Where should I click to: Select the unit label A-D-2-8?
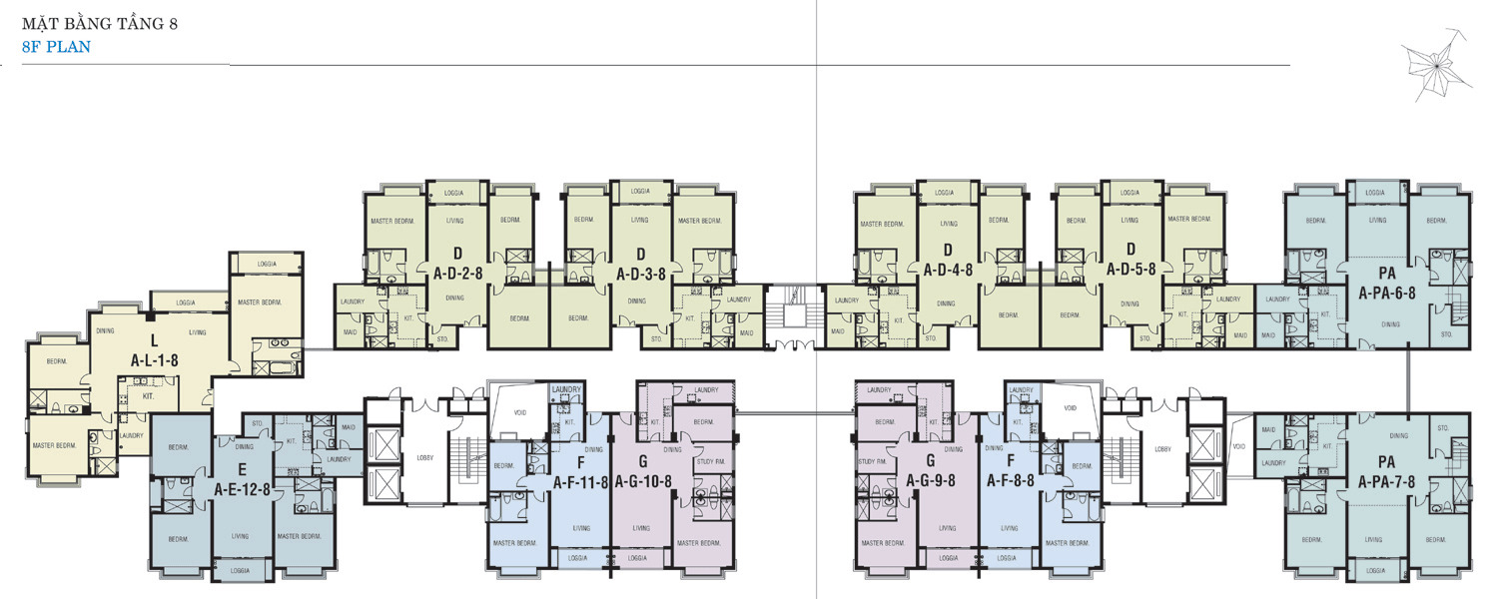(458, 271)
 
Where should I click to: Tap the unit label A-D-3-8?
(641, 271)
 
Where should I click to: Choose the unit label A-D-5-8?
(1131, 271)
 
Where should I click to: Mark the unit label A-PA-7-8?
(1387, 483)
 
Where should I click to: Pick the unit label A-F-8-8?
(1012, 481)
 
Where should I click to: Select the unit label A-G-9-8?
(930, 481)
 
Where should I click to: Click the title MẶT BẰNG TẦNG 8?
(99, 21)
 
